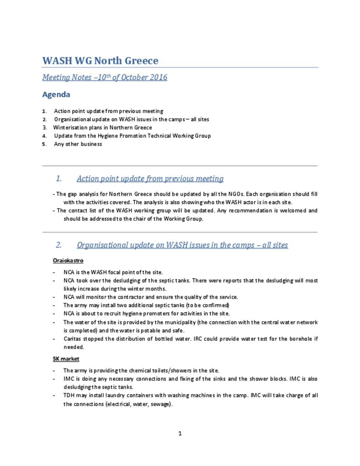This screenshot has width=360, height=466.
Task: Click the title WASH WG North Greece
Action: click(100, 60)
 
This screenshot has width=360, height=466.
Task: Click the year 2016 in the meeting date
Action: click(159, 77)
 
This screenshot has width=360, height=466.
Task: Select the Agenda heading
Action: click(56, 94)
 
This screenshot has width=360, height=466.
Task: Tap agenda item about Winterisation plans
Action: click(102, 127)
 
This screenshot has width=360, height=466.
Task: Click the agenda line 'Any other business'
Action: click(78, 144)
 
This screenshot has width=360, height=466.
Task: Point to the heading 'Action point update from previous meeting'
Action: click(150, 179)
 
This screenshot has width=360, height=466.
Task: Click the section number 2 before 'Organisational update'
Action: click(59, 245)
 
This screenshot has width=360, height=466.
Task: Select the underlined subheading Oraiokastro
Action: click(68, 261)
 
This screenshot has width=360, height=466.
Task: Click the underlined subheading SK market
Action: click(66, 359)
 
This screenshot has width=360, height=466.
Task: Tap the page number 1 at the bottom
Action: click(180, 433)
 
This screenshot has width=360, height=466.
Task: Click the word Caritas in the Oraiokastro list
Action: click(72, 339)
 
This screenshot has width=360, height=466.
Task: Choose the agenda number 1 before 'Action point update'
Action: click(44, 111)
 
